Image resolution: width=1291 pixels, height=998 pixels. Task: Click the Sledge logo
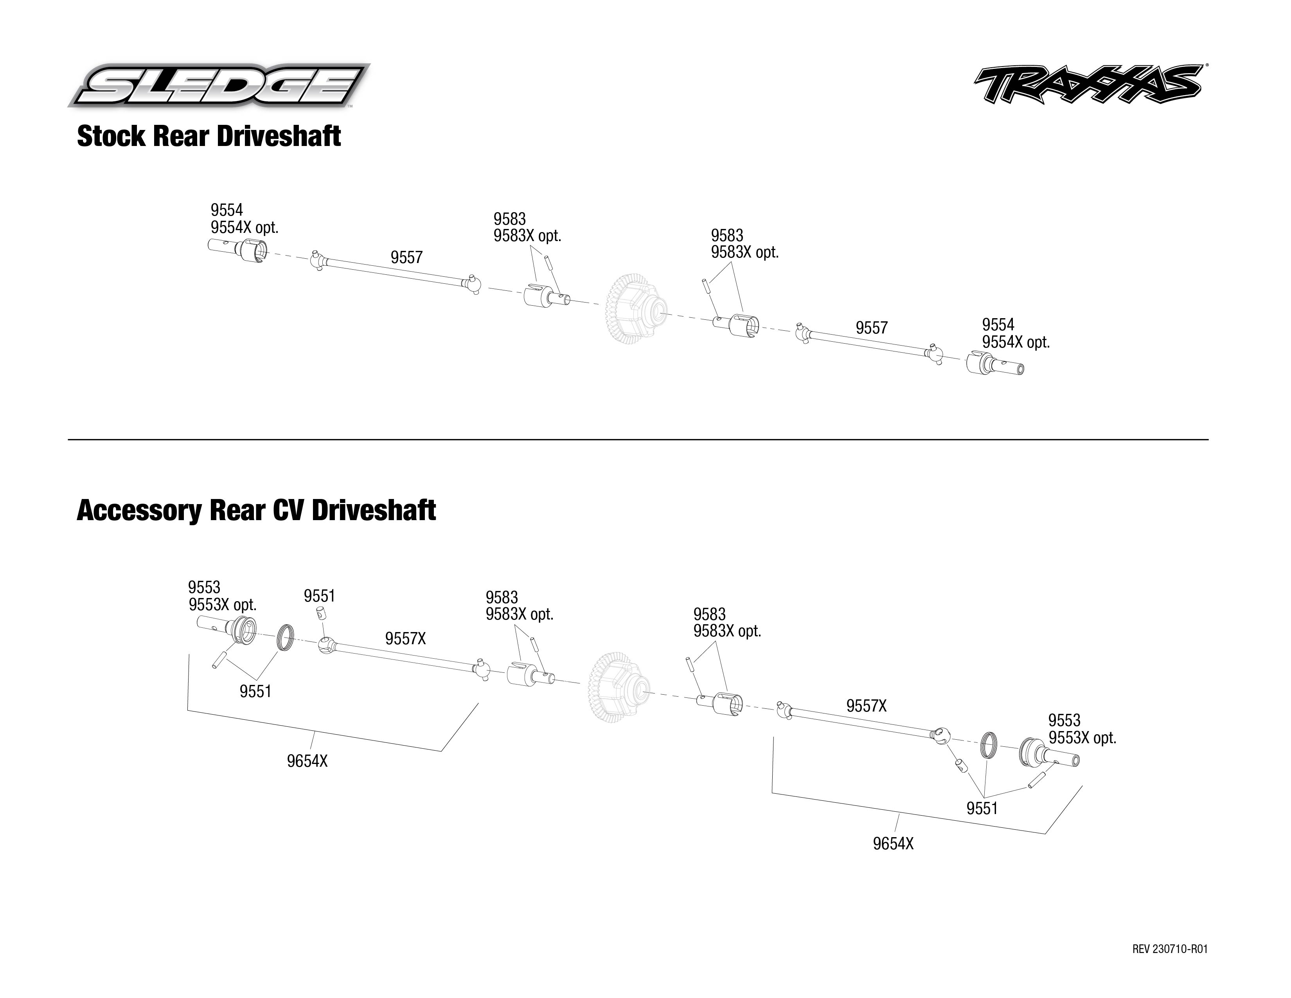[219, 86]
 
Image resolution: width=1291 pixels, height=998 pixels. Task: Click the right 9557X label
[866, 706]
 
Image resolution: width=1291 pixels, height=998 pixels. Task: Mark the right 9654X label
[893, 844]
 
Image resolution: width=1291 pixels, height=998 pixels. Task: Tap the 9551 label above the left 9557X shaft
[319, 596]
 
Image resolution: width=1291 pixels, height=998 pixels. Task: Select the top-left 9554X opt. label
[244, 228]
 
